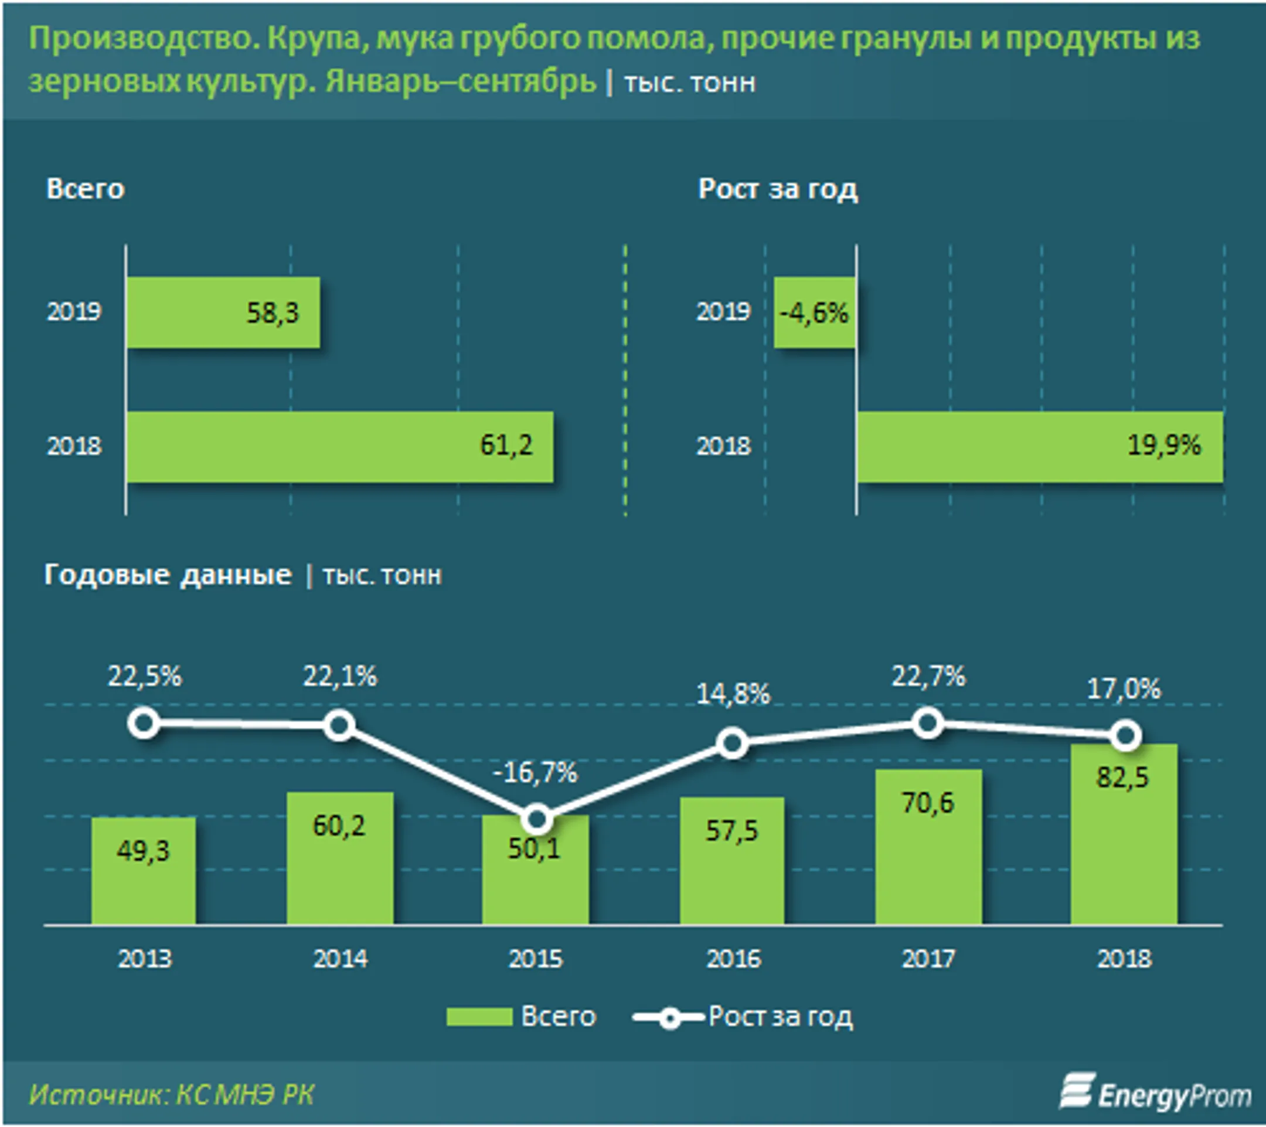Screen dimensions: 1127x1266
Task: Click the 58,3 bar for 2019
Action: coord(223,313)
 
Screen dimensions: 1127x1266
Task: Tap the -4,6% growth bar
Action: coord(815,313)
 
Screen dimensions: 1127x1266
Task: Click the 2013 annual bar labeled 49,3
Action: coord(143,871)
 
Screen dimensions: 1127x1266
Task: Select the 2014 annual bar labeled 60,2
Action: coord(339,858)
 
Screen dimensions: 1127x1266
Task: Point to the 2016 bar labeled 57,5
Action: coord(732,861)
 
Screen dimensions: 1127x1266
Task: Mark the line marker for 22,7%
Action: coord(928,723)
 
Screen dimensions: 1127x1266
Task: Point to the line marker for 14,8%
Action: coord(732,744)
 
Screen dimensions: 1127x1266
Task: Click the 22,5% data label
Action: coord(145,676)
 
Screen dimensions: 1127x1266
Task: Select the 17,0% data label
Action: coord(1124,689)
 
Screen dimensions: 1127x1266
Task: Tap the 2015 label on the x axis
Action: coord(536,959)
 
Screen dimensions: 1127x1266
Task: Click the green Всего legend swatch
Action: coord(479,1017)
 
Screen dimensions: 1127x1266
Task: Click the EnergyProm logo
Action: coord(1156,1093)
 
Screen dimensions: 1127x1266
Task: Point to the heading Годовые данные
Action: coord(168,575)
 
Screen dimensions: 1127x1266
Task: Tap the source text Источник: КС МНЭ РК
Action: coord(171,1095)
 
